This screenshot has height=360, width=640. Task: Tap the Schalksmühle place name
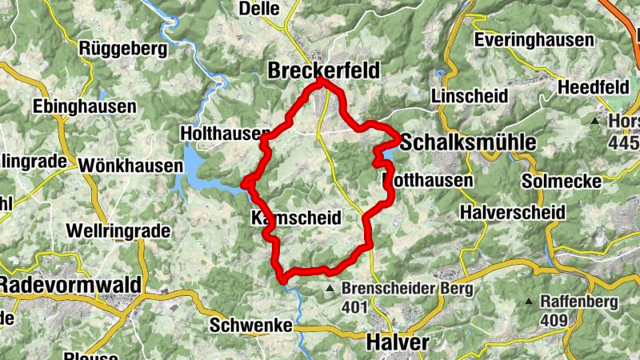tap(467, 142)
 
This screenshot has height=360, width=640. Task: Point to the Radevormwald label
tap(70, 285)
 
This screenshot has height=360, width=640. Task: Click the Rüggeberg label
tap(123, 49)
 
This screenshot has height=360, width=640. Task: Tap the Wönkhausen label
tap(130, 166)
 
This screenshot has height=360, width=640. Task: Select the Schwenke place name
tap(247, 326)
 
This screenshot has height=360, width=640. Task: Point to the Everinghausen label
tap(534, 40)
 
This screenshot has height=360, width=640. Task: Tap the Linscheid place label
tap(469, 96)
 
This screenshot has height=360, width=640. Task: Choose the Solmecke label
tap(561, 182)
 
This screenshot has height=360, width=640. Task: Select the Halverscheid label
tap(513, 213)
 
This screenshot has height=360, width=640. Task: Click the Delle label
tap(260, 9)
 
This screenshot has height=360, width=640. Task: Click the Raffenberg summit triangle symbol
tap(529, 302)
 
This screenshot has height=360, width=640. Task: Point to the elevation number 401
tap(352, 306)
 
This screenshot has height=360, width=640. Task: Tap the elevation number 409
tap(554, 320)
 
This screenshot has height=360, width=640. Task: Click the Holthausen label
tap(213, 133)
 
